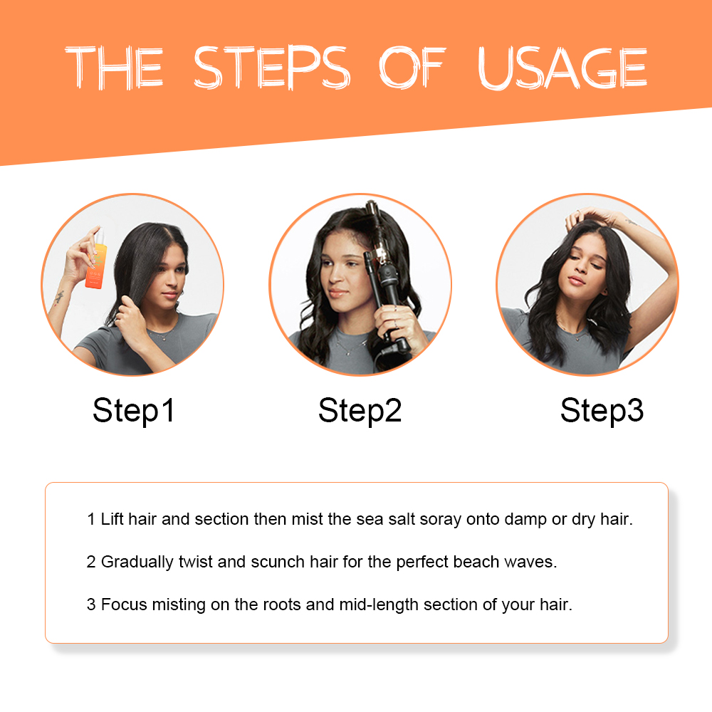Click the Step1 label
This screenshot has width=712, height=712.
coord(133,411)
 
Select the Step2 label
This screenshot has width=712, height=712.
coord(360,411)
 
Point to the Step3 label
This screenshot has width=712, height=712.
coord(602,411)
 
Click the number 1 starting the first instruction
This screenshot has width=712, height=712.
coord(90,519)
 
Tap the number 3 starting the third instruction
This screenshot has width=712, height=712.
coord(90,605)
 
